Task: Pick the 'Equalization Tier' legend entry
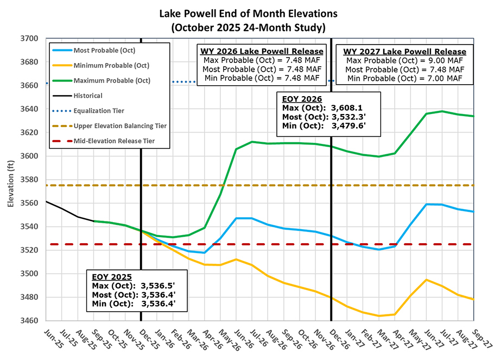99,111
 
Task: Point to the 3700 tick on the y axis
30,39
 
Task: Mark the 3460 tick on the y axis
30,321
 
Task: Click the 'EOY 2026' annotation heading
302,99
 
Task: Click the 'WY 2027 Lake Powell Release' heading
404,50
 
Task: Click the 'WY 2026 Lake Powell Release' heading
262,50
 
